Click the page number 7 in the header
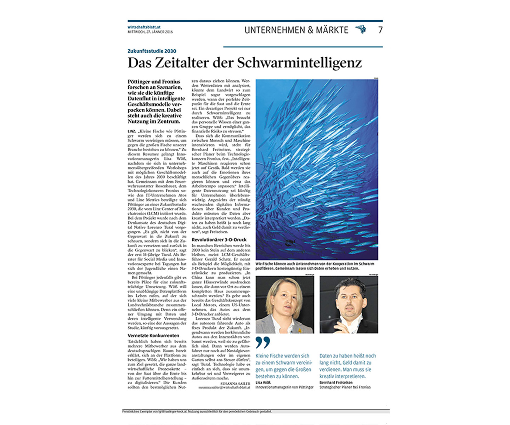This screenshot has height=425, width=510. tap(380, 30)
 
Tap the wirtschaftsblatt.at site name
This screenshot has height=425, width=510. tap(144, 27)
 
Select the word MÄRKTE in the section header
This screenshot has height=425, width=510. tap(332, 30)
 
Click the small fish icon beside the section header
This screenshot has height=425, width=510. tap(361, 29)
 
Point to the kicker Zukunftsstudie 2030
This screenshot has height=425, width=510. tap(152, 51)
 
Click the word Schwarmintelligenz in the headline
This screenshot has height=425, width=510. tap(299, 63)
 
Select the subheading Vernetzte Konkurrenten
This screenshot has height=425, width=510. tap(153, 335)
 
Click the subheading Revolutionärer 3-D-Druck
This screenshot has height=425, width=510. tap(219, 240)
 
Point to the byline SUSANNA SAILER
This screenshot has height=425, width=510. tap(235, 384)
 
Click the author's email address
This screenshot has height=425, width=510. tap(224, 387)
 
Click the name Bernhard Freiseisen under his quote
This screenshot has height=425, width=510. tap(336, 383)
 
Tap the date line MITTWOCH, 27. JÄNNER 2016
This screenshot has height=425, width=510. tap(150, 32)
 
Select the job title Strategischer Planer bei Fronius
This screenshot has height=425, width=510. tap(345, 387)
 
